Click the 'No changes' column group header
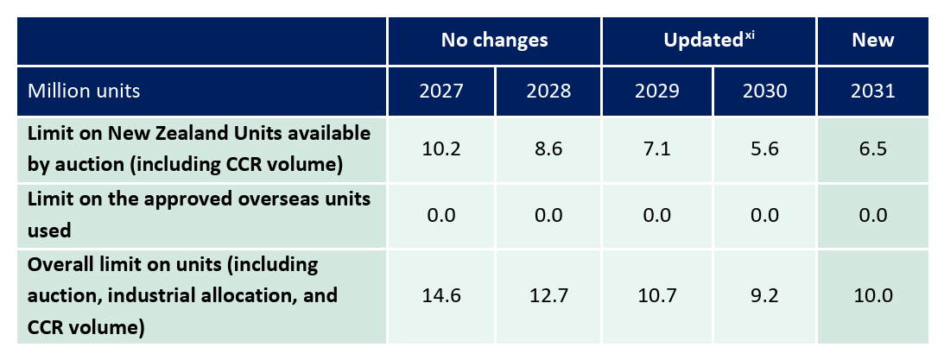point(494,41)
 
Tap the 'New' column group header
point(872,41)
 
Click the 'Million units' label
point(84,91)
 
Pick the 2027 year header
point(440,91)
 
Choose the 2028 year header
point(548,91)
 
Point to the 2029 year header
point(656,91)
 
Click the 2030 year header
point(763,91)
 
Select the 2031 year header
point(872,91)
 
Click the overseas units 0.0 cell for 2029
point(656,214)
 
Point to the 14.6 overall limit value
point(440,296)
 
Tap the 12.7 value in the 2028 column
point(548,296)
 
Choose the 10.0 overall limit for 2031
point(872,296)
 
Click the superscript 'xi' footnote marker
point(750,35)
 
